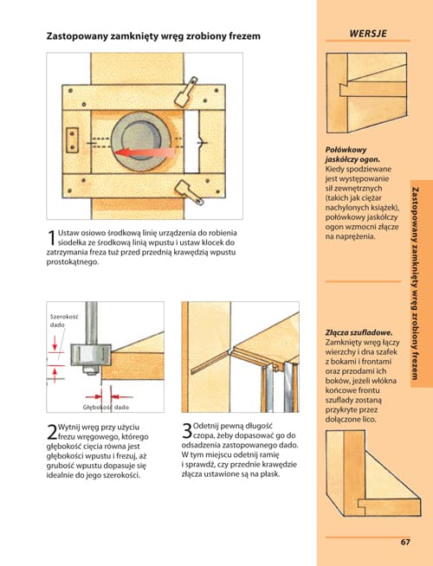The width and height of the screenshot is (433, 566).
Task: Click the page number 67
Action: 405,542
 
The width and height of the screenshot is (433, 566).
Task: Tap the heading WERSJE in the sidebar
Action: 368,34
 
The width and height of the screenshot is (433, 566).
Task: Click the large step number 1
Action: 51,237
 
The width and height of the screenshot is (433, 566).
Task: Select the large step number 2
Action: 52,432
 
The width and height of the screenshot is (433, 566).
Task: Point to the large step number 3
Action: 187,431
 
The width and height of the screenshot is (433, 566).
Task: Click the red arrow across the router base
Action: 144,152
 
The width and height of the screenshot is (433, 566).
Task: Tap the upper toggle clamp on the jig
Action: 186,92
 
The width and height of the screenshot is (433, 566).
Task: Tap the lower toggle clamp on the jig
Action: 190,192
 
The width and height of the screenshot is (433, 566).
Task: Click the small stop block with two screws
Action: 72,140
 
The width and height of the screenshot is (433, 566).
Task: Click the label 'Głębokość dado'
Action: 106,407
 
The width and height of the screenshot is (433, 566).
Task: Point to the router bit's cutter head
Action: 90,355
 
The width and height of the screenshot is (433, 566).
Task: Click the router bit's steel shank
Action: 91,323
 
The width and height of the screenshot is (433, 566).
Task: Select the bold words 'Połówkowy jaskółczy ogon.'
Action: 352,155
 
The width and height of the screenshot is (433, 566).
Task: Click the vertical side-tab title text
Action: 416,283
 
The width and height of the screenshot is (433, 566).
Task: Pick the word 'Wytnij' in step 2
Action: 68,427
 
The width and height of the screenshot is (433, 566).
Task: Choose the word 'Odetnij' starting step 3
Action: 205,426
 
